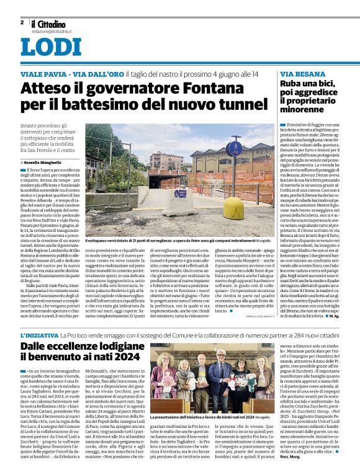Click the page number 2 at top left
point(22,22)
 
